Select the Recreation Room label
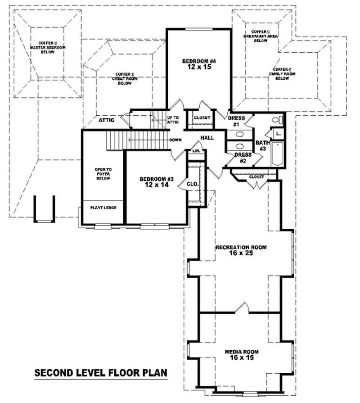[x=241, y=247]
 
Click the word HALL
[x=207, y=138]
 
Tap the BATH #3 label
[x=262, y=145]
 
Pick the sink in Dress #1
[x=240, y=134]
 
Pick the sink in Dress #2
[x=240, y=146]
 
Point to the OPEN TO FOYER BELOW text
[x=103, y=174]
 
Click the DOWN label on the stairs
[x=175, y=140]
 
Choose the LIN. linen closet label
[x=196, y=151]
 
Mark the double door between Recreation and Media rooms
[x=242, y=309]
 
